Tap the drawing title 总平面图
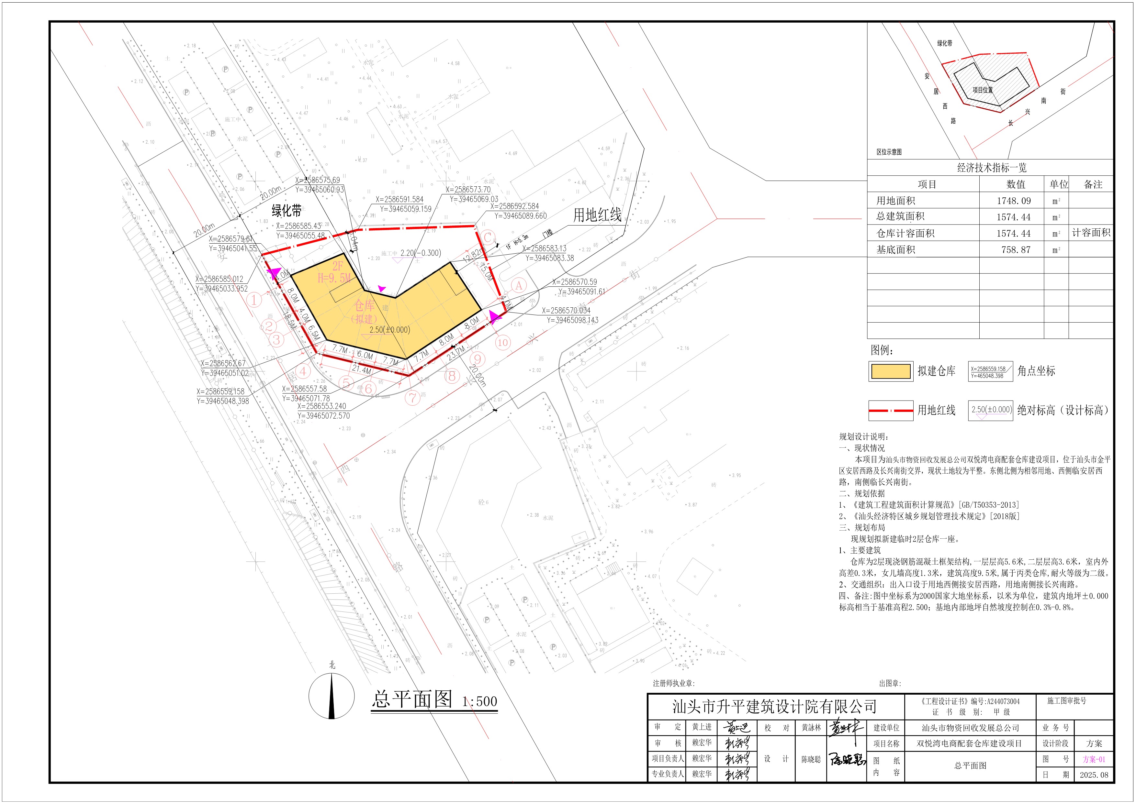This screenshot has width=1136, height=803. point(412,699)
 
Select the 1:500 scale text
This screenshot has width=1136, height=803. point(479,701)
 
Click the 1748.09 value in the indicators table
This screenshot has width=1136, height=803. point(1016,201)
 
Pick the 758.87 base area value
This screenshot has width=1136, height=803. point(1016,250)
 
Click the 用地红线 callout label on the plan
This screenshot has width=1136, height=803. point(597,215)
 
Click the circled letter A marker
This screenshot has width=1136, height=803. point(519,285)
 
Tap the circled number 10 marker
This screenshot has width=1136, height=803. point(503,342)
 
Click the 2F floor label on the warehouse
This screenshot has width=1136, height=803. point(337,267)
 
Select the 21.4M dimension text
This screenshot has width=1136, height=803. point(361,370)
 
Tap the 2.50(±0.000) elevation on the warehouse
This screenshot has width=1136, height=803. point(389,330)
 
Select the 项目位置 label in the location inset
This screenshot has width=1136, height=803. point(982,90)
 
